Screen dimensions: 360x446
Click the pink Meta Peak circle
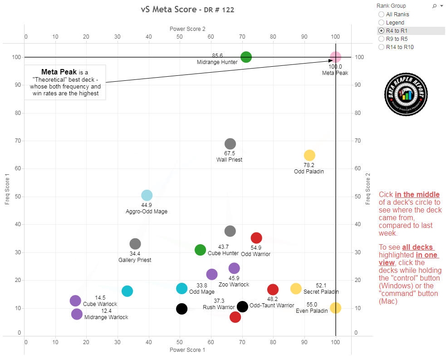click(335, 57)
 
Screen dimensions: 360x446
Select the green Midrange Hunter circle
click(246, 57)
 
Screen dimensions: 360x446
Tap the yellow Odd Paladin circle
click(309, 156)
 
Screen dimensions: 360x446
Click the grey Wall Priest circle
click(230, 144)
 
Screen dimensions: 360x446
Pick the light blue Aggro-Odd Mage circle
click(147, 195)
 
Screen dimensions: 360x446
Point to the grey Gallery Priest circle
click(135, 244)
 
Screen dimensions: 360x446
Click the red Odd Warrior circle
click(256, 238)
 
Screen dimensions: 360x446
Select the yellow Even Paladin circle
click(335, 308)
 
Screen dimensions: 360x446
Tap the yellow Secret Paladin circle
click(296, 288)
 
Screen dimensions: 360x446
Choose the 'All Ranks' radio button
click(381, 15)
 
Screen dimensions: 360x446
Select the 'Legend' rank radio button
click(381, 23)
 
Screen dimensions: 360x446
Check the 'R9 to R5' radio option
click(381, 39)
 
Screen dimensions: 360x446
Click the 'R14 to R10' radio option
click(381, 47)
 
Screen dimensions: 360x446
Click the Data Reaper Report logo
click(407, 94)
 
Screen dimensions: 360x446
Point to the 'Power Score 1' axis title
click(187, 350)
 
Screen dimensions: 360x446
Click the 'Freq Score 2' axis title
click(368, 188)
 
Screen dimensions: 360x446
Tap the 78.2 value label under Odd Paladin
click(309, 165)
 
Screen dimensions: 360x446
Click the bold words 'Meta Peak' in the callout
click(59, 72)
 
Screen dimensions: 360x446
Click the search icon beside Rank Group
click(434, 6)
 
